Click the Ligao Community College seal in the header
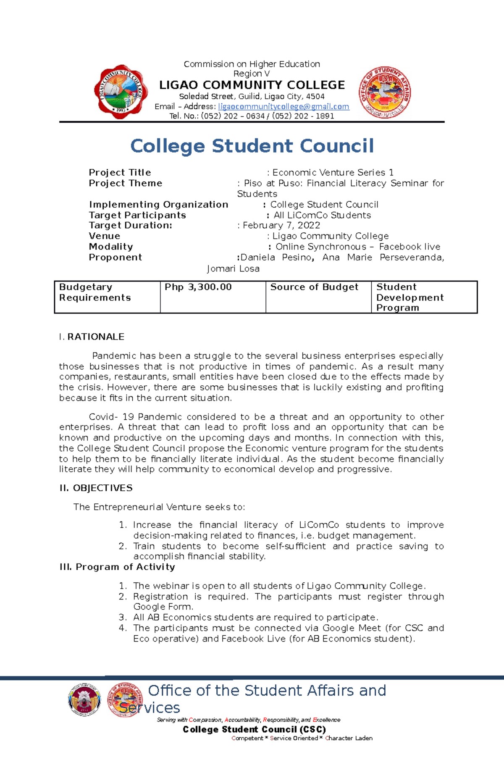coord(121,92)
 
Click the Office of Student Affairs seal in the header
coord(384,92)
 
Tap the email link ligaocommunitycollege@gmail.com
coord(283,107)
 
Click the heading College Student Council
coord(252,146)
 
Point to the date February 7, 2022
coord(281,226)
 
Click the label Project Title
coord(120,173)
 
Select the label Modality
coord(111,247)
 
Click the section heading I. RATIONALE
coord(92,337)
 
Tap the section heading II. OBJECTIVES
coord(96,488)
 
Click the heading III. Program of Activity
coord(117,567)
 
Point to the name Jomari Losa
coord(233,269)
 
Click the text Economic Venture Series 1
coord(333,173)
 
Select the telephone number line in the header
coord(252,116)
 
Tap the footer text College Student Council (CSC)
coord(254,730)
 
